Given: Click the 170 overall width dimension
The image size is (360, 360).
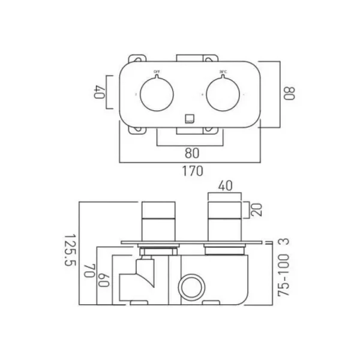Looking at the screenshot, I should [191, 170].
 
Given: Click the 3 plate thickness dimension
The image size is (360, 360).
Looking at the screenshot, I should [286, 242].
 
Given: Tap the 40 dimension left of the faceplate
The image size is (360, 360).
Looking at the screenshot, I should [98, 92].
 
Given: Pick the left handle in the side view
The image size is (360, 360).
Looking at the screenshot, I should [158, 222].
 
